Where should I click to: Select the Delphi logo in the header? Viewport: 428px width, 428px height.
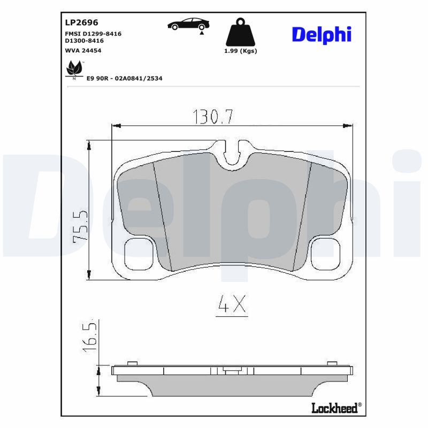322,34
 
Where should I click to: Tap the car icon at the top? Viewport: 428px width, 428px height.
188,25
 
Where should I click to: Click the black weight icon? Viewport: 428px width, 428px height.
240,33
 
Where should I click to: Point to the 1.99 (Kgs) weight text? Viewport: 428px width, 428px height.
240,51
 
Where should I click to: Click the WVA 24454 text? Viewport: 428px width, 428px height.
83,50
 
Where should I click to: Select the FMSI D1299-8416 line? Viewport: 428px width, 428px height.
93,34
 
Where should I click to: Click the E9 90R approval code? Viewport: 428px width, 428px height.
124,78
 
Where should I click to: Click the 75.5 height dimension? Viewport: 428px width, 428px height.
80,226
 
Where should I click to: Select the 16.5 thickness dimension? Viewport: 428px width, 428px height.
90,335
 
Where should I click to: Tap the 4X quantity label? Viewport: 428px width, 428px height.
232,305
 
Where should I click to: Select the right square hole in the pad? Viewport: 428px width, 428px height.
326,255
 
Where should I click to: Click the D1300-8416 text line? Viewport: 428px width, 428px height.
84,41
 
